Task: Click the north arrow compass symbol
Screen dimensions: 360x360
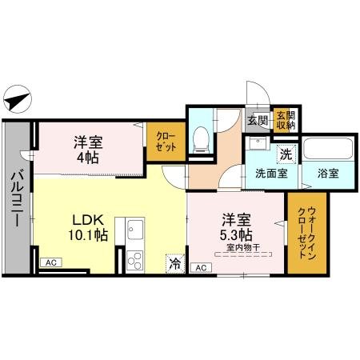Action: tap(18, 100)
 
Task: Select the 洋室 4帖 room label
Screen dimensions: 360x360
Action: tap(87, 149)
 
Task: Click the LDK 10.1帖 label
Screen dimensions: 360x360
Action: tap(90, 226)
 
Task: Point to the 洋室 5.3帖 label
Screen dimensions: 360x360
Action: tap(236, 226)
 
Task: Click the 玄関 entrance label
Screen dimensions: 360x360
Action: tap(257, 120)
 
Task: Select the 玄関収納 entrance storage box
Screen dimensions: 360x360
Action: tap(285, 120)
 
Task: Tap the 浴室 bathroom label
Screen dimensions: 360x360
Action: tap(326, 172)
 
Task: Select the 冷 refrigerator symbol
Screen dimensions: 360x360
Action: tap(174, 262)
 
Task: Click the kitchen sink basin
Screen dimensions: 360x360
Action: tap(133, 234)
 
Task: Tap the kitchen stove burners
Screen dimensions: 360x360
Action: tap(133, 259)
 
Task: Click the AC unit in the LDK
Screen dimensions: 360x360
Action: tap(50, 262)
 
